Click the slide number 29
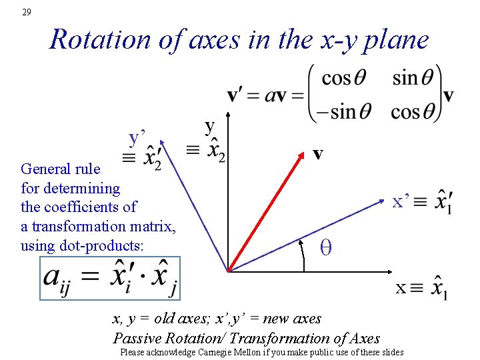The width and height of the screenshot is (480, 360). pos(26,12)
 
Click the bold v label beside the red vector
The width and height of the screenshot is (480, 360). pos(318,154)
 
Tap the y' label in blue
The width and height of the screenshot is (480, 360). pos(138,138)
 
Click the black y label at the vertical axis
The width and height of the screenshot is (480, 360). pos(210,126)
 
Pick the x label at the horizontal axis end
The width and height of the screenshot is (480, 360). pos(401,288)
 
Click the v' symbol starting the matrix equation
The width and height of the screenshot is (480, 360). pos(235,94)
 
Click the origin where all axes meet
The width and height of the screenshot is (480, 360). pos(228,271)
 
